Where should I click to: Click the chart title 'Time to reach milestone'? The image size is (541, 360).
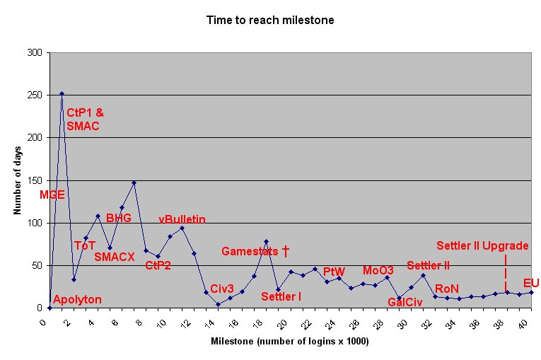270,21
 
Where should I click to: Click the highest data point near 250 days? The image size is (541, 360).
62,93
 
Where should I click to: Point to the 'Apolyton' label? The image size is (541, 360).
77,299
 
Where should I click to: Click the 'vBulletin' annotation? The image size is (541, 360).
182,220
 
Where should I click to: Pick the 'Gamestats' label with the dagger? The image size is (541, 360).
255,251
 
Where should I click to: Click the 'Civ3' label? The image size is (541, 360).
222,289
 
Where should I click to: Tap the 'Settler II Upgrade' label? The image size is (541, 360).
482,245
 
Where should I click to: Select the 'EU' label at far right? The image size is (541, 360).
531,283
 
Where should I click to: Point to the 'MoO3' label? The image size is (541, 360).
378,271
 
